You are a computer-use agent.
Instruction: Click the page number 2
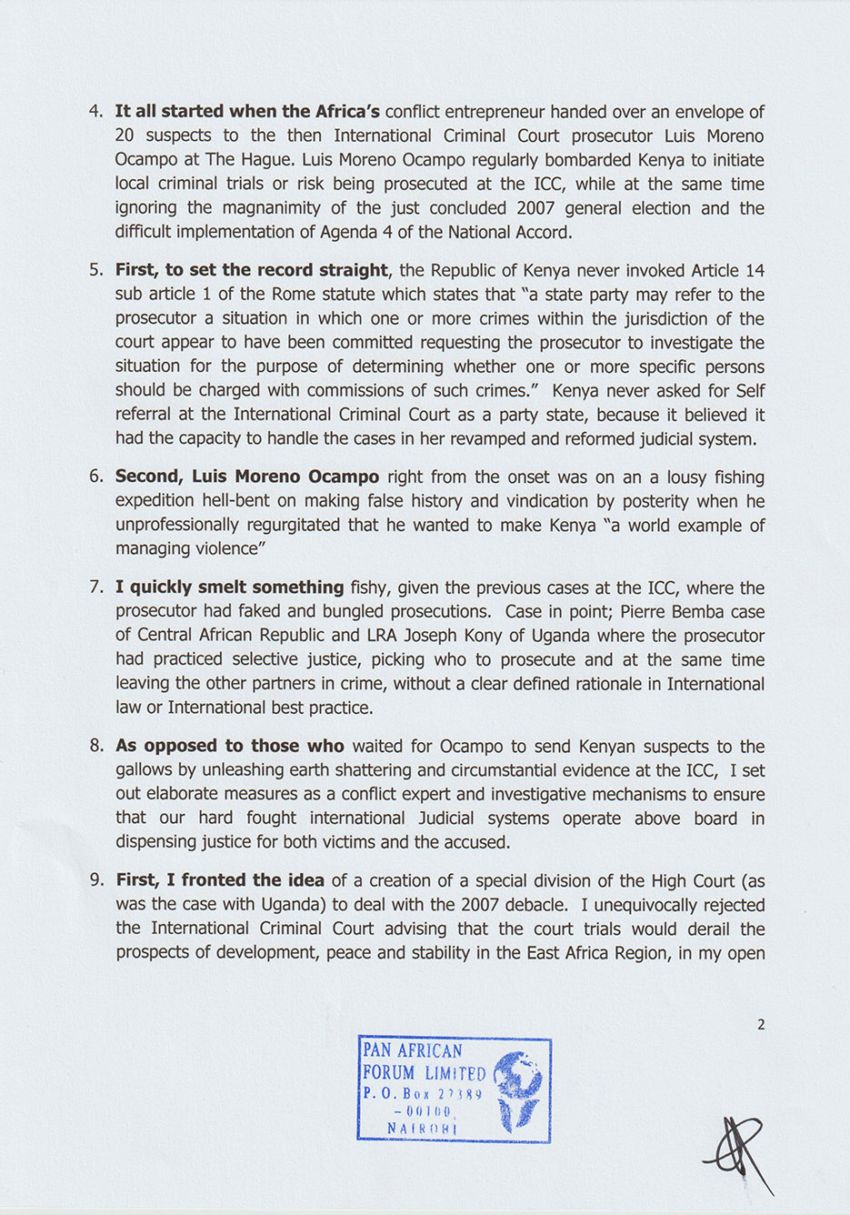(761, 1024)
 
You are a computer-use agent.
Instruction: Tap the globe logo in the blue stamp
(518, 1088)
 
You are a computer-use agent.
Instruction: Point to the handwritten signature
(738, 1154)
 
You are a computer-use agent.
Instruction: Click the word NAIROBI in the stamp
(423, 1129)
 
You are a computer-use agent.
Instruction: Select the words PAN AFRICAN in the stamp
(413, 1050)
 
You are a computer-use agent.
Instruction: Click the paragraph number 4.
(95, 112)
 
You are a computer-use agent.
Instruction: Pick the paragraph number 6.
(95, 477)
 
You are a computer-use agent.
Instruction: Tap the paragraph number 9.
(95, 880)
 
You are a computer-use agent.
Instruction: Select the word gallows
(145, 770)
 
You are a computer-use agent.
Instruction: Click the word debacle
(542, 905)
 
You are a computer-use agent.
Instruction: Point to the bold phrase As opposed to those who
(230, 747)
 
